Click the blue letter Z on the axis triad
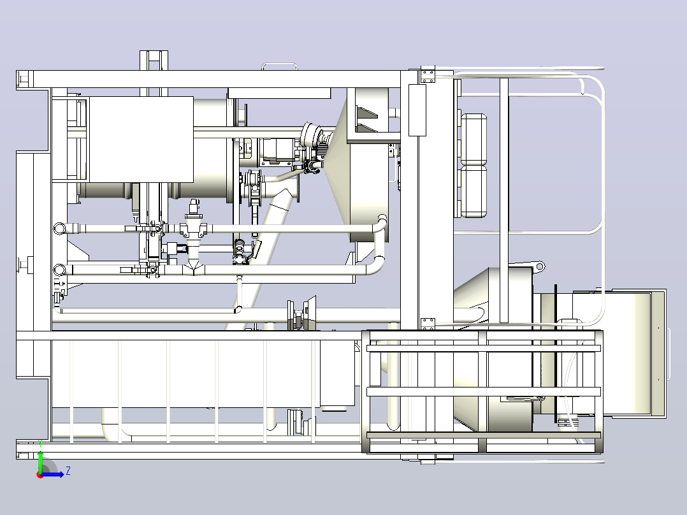tap(68, 471)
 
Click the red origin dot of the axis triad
tap(40, 475)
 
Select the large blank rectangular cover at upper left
tap(141, 140)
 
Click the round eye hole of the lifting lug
tap(540, 266)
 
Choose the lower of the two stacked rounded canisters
tap(474, 192)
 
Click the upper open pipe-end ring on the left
tap(59, 228)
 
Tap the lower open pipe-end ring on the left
tap(59, 270)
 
